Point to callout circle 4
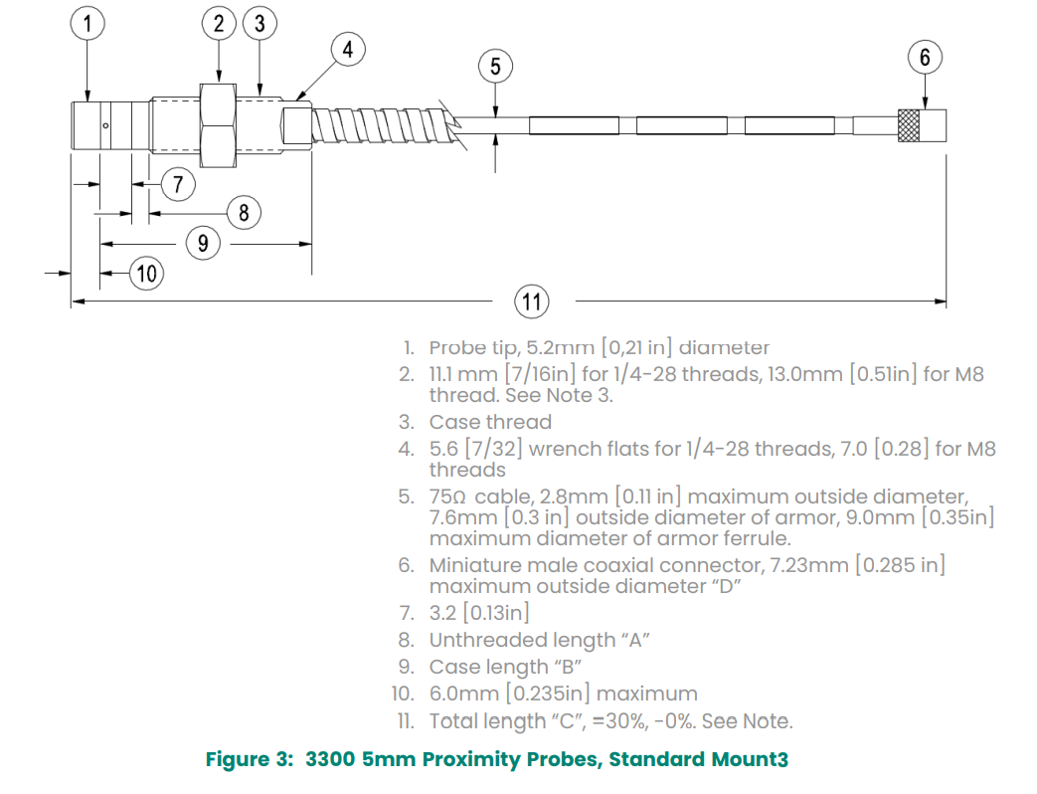[x=347, y=48]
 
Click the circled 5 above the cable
[x=495, y=67]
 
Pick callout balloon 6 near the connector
[x=925, y=57]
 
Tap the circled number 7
[x=178, y=184]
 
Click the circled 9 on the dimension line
[x=203, y=243]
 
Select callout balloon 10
[x=147, y=273]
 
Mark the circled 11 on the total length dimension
[x=531, y=300]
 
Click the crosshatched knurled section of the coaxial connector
[x=907, y=124]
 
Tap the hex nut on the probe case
[x=218, y=124]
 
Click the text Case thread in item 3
[x=490, y=422]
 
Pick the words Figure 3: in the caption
[x=249, y=760]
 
